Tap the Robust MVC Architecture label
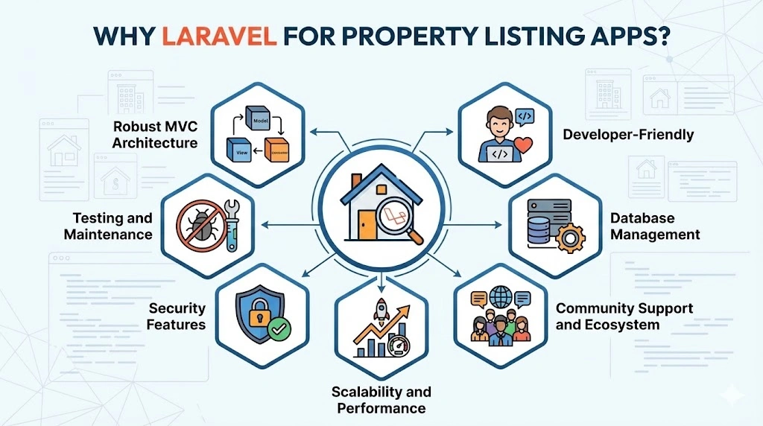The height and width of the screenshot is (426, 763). [x=155, y=133]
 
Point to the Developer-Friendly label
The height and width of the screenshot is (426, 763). [x=628, y=135]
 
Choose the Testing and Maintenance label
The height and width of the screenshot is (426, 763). [x=113, y=226]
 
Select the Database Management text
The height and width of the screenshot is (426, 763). [x=655, y=226]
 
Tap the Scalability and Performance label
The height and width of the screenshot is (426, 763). [x=381, y=400]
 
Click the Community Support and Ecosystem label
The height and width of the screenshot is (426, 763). [x=624, y=317]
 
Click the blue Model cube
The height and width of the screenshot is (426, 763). [x=259, y=121]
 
